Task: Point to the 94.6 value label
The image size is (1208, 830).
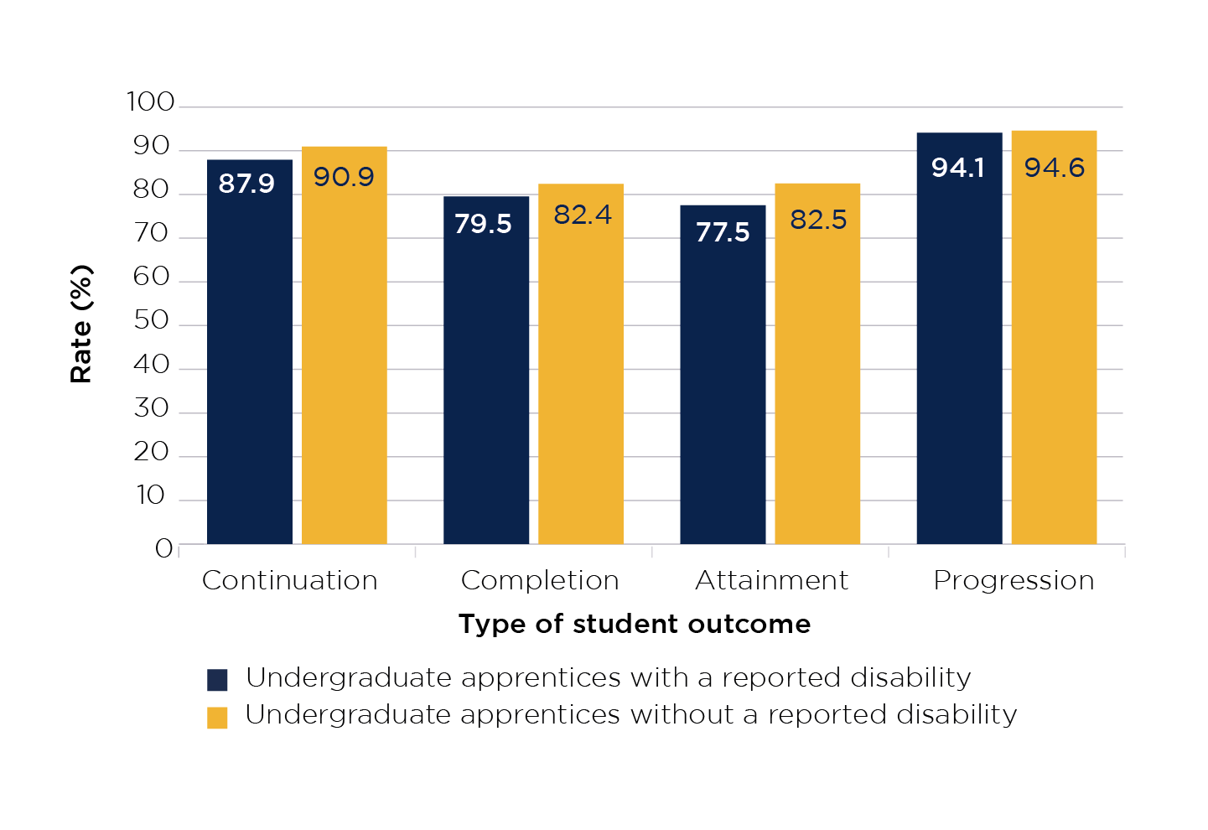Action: click(1055, 168)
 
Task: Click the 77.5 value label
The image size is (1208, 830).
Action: click(723, 232)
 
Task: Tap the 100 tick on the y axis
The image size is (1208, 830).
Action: click(151, 102)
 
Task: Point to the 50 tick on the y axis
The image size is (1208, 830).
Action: click(152, 321)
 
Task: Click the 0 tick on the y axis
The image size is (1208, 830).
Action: click(163, 548)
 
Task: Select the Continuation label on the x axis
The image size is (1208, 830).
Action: click(290, 580)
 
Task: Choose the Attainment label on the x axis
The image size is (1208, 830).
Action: click(771, 580)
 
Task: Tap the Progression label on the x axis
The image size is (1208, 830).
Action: click(1014, 580)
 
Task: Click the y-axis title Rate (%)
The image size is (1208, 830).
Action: click(81, 324)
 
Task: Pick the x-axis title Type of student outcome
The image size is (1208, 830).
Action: click(635, 624)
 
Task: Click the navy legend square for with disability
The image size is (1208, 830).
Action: click(217, 679)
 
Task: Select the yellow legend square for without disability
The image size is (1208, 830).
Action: click(217, 718)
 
